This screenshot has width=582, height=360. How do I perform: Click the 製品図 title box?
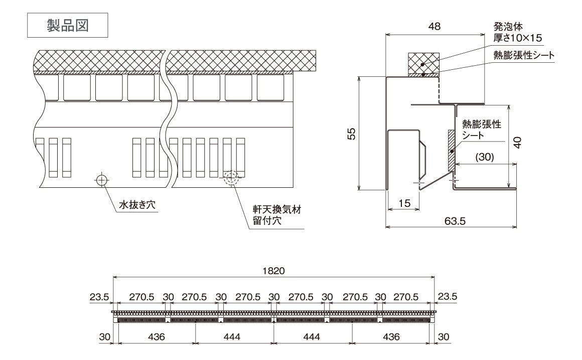(67, 25)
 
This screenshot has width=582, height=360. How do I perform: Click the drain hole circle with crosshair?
(102, 179)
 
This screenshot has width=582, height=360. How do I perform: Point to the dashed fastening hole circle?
(231, 177)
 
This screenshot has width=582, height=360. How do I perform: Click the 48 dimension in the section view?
(435, 27)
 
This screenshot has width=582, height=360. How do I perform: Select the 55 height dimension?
(352, 133)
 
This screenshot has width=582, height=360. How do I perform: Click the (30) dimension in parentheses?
(484, 157)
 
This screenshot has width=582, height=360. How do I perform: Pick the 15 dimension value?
(404, 203)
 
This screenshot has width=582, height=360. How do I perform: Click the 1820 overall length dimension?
(274, 271)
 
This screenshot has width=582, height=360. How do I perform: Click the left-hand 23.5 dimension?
(99, 297)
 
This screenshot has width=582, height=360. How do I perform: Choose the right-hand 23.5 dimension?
(447, 297)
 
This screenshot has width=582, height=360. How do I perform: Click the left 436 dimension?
(157, 337)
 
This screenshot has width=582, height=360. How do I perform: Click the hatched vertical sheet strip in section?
(451, 150)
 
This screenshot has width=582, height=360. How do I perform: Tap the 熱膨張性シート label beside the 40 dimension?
(482, 129)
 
